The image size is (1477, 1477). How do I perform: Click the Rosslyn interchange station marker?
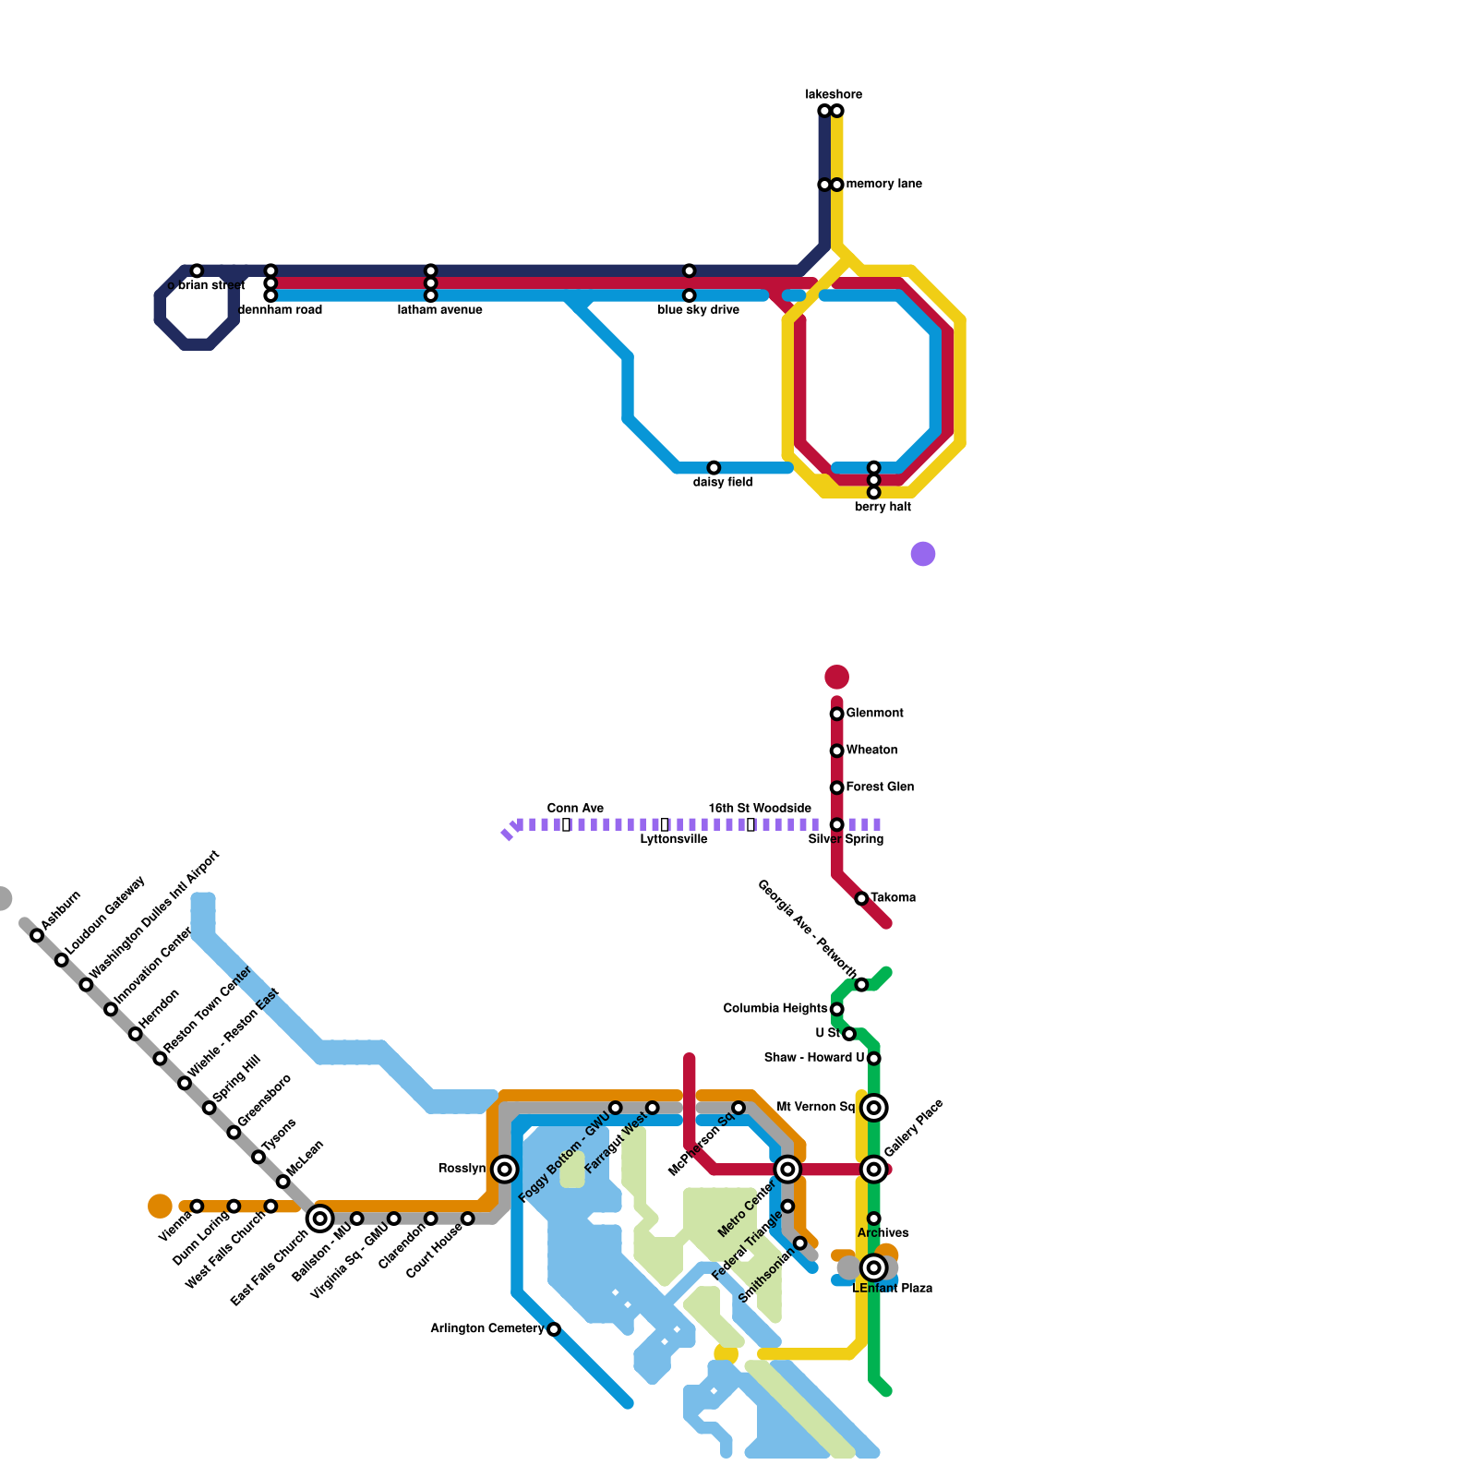coord(504,1170)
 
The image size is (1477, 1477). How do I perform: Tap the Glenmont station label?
coord(874,714)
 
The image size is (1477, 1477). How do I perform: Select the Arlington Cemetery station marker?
coord(554,1329)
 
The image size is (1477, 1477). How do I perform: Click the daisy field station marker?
coord(714,468)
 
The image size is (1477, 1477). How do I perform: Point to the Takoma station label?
coord(893,898)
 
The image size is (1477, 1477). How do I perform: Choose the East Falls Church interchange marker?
coord(320,1219)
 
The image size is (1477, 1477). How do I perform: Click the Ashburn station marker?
coord(37,935)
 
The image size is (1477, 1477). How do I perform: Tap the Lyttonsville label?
coord(674,839)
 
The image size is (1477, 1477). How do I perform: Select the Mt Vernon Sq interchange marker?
coord(874,1108)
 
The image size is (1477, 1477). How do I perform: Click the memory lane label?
coord(883,185)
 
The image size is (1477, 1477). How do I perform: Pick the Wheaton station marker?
coord(837,751)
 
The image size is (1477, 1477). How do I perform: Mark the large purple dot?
coord(923,554)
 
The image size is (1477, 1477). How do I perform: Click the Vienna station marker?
coord(197,1207)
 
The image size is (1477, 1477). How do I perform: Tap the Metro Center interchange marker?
coord(787,1170)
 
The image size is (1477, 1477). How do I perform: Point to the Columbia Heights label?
coord(775,1009)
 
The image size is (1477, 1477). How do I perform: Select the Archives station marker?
coord(874,1219)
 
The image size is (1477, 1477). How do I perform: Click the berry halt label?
coord(883,507)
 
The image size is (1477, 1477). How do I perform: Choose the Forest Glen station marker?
coord(837,787)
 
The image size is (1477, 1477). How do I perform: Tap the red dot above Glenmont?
coord(837,677)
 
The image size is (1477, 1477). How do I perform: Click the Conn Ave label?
coord(575,809)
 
